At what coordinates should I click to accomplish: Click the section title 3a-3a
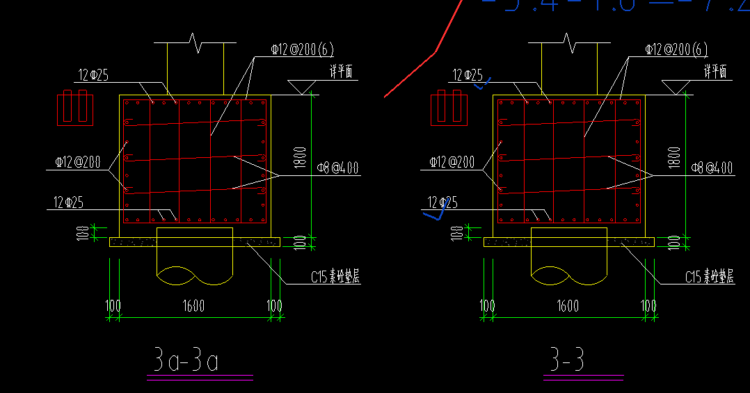click(x=186, y=361)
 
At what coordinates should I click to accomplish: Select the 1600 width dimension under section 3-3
click(x=568, y=305)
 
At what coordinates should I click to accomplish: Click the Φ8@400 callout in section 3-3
click(x=712, y=168)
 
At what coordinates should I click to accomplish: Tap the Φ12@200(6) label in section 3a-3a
click(x=303, y=49)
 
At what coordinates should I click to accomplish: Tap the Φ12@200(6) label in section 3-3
click(x=676, y=49)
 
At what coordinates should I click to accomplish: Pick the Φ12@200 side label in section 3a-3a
click(x=78, y=162)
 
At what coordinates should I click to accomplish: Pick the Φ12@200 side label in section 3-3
click(x=452, y=162)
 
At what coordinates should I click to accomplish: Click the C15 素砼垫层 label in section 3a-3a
click(x=335, y=277)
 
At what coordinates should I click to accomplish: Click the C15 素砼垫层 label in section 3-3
click(x=709, y=277)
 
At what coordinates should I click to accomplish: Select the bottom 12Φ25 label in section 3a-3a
click(x=69, y=202)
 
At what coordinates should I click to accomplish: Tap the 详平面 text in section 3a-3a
click(x=343, y=71)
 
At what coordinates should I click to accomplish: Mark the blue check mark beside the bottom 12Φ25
click(x=435, y=214)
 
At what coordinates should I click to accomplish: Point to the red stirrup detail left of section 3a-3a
click(x=74, y=107)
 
